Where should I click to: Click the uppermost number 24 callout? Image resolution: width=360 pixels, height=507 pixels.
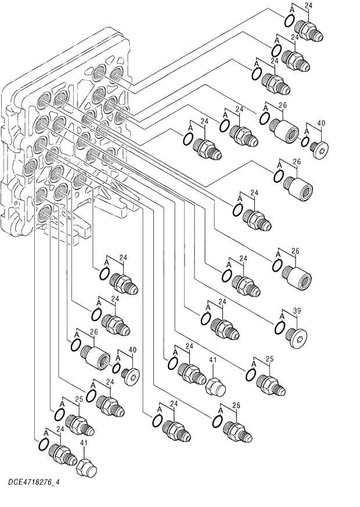pos(308,6)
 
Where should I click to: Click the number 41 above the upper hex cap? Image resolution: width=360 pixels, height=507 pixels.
pos(213,361)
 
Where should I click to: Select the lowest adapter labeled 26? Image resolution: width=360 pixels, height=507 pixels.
pos(95,355)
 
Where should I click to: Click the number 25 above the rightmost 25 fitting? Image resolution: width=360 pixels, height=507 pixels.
pos(269,360)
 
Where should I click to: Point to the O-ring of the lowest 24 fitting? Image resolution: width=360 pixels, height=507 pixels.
pos(43,445)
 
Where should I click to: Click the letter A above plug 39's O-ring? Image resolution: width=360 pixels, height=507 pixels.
pos(282,316)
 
